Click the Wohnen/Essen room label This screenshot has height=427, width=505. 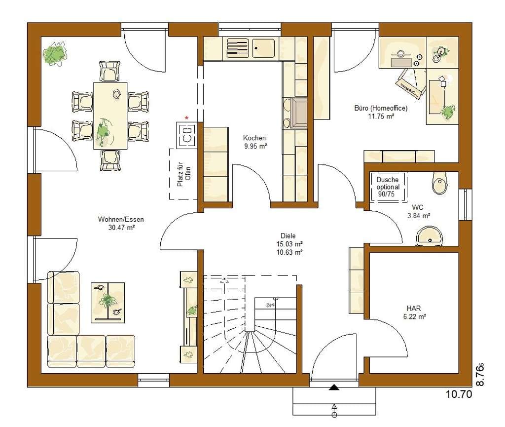pos(121,220)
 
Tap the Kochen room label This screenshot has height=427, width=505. pos(254,138)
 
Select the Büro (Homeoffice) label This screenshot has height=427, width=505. pos(381,108)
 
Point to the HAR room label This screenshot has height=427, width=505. pos(414,309)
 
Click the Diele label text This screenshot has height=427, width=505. pos(288,236)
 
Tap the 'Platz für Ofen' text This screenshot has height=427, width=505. pos(184,174)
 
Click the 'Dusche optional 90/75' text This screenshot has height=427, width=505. pos(388,187)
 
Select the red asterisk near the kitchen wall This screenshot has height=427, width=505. pos(186,118)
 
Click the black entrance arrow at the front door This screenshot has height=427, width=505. pos(334,388)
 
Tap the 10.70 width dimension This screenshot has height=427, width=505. pos(459,394)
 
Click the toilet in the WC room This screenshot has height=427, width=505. pos(439,183)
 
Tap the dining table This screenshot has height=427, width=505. pos(110,116)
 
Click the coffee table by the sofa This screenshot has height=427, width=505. pos(108,303)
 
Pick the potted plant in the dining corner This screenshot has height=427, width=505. pos(55,53)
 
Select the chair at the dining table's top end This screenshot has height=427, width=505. pos(110,71)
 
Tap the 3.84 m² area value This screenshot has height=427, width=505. pos(419,216)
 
